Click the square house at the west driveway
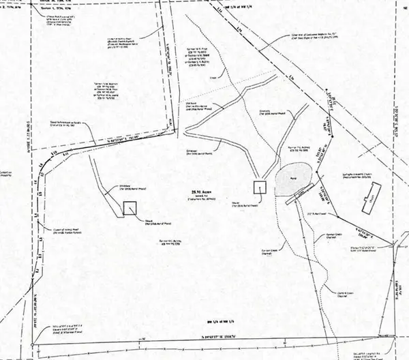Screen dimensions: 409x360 coord(130,209)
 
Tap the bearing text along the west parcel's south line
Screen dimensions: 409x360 coord(111,147)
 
